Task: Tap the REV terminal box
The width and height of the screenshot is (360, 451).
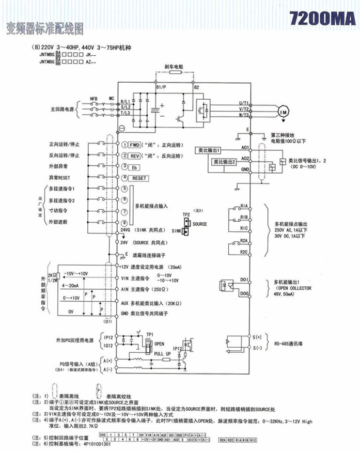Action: click(x=135, y=155)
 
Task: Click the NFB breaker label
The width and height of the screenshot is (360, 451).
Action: click(x=93, y=98)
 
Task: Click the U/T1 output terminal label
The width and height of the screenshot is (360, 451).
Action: click(x=244, y=102)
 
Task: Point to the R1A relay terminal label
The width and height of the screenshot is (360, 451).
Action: click(x=244, y=207)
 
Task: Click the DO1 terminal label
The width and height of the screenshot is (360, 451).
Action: click(x=245, y=279)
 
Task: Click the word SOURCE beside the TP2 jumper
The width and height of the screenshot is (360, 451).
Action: click(x=199, y=224)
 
